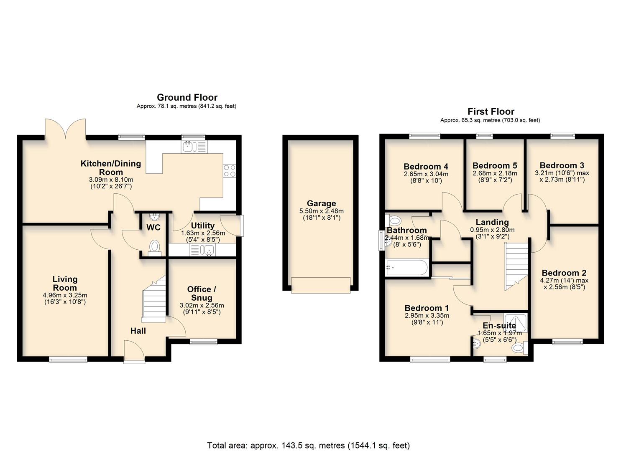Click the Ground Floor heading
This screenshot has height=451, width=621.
(187, 97)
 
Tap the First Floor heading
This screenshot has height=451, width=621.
(491, 111)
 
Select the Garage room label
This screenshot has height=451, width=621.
(321, 203)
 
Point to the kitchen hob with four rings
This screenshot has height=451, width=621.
(230, 170)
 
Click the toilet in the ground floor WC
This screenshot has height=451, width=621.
(154, 246)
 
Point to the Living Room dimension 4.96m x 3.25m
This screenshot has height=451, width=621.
(65, 295)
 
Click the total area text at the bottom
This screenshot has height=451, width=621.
(309, 445)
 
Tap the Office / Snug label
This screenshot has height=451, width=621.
(202, 293)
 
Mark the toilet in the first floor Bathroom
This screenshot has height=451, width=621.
(394, 220)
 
